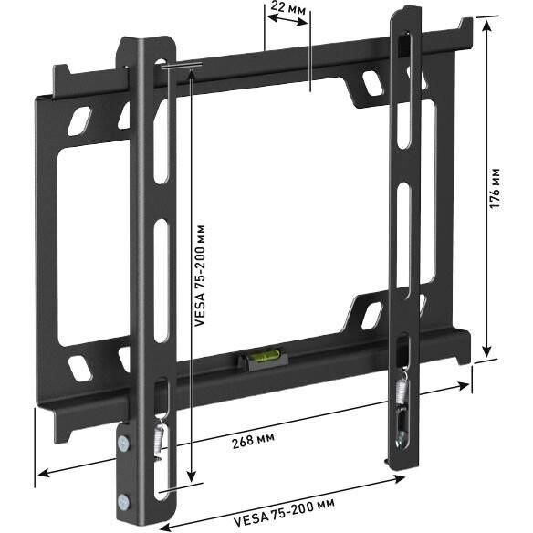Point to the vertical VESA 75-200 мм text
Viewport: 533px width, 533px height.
[x=200, y=274]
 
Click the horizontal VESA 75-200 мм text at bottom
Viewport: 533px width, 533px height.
[x=283, y=505]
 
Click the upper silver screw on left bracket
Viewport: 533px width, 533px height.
[x=123, y=444]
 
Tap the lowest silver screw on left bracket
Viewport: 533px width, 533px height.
[x=124, y=500]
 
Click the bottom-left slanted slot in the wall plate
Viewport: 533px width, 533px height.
[x=80, y=366]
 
